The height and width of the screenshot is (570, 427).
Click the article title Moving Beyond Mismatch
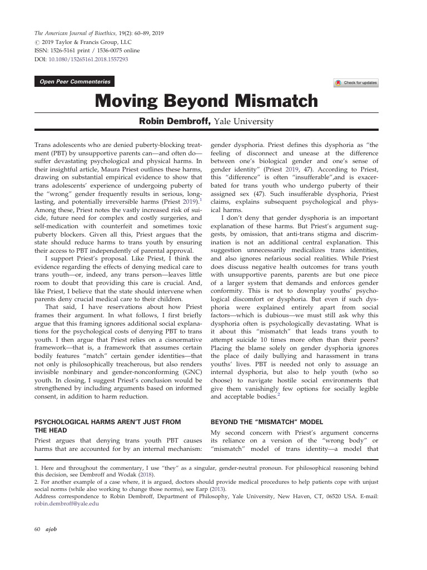pos(206,102)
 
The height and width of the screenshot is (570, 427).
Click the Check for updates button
pos(356,83)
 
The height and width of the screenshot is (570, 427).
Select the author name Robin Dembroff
pos(172,121)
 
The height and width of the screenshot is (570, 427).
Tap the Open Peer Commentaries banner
pos(74,82)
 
